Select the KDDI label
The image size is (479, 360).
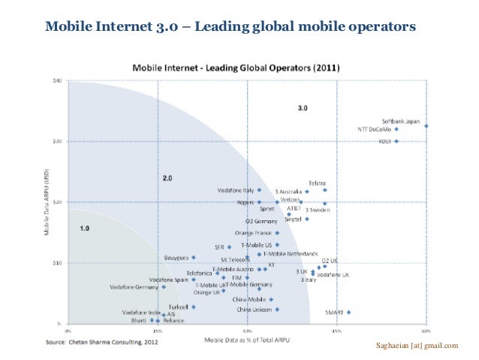(384, 141)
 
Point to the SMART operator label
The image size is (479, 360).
(334, 312)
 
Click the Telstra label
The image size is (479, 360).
(316, 183)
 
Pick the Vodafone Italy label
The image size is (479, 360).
(235, 190)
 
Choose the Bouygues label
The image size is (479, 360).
(176, 258)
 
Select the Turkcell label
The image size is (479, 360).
(177, 307)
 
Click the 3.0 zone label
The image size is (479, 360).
(302, 108)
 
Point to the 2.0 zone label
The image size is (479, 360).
(168, 177)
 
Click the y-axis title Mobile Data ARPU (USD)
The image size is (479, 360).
(47, 202)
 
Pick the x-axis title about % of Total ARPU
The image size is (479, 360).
(246, 340)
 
